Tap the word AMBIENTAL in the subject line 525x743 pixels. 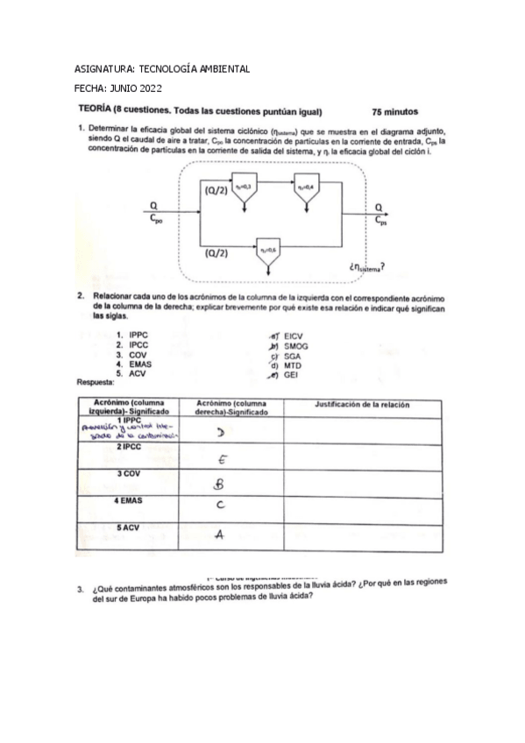tap(216, 68)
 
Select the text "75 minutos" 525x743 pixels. tap(394, 111)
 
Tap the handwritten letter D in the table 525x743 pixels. tap(223, 431)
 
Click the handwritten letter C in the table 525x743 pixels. tap(221, 505)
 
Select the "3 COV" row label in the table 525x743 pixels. tap(130, 473)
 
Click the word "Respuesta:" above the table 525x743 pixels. tap(96, 383)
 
